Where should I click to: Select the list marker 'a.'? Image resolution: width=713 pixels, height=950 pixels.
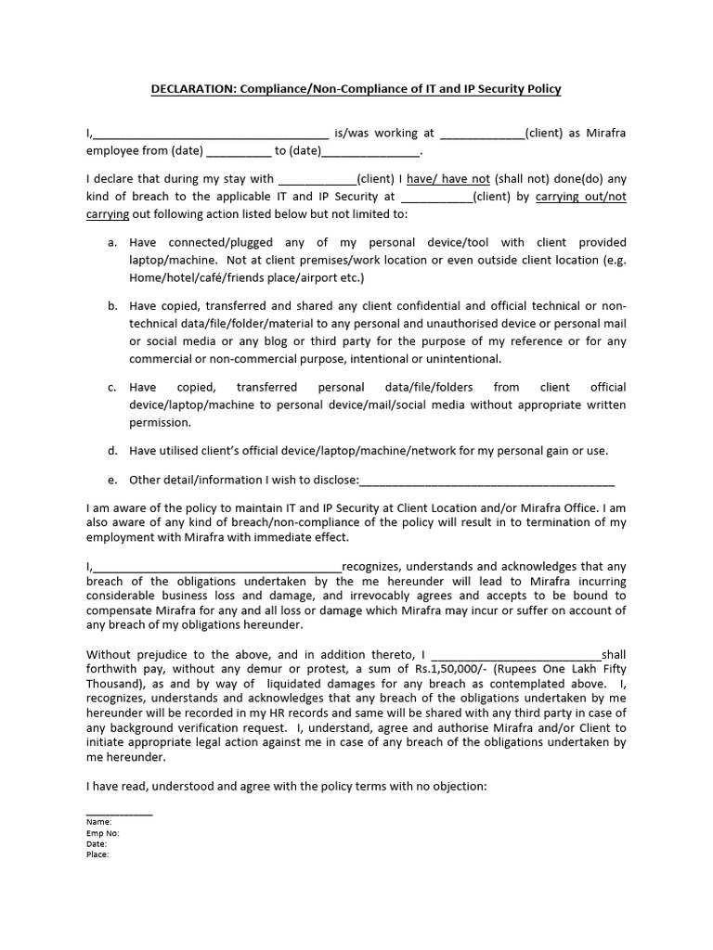112,242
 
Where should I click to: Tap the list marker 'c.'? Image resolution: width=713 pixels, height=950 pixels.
112,387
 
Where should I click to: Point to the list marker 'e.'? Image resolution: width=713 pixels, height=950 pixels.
112,480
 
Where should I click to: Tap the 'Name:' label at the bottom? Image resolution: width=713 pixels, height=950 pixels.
98,822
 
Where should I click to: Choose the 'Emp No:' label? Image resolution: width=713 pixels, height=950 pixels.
103,833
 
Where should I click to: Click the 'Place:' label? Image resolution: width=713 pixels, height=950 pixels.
97,855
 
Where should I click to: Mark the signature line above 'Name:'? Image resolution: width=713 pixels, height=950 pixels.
120,812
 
